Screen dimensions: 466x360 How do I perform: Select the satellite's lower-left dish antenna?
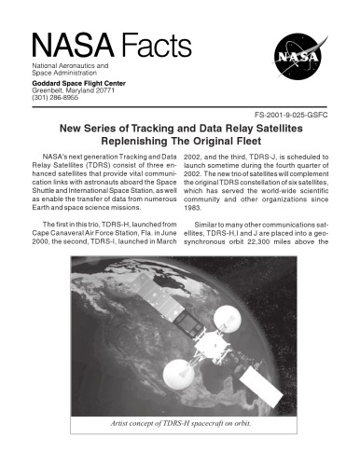182,374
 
